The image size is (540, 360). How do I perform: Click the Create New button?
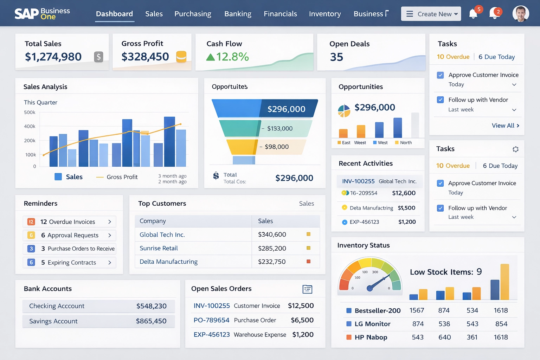tap(431, 14)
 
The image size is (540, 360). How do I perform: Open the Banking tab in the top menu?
tap(238, 14)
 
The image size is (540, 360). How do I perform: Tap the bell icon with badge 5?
tap(473, 14)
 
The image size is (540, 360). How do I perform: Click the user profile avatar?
tap(520, 14)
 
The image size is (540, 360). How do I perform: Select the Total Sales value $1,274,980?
tap(53, 57)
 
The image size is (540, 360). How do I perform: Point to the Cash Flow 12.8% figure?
tap(232, 57)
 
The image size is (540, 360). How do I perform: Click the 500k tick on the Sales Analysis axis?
tap(30, 112)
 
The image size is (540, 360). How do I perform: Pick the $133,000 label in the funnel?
tap(279, 129)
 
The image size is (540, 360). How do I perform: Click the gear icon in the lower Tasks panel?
tap(515, 149)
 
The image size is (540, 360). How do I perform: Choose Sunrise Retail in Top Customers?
tap(159, 248)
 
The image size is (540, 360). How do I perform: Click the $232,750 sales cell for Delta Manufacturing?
tap(272, 262)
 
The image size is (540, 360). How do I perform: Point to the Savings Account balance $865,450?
tap(151, 321)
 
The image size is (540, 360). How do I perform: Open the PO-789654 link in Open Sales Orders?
tap(211, 320)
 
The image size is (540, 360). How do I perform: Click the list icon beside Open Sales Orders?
tap(307, 289)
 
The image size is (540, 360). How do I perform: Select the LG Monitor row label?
tap(372, 324)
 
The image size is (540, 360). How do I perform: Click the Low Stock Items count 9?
tap(479, 272)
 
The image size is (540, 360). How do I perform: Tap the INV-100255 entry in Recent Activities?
tap(358, 181)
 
